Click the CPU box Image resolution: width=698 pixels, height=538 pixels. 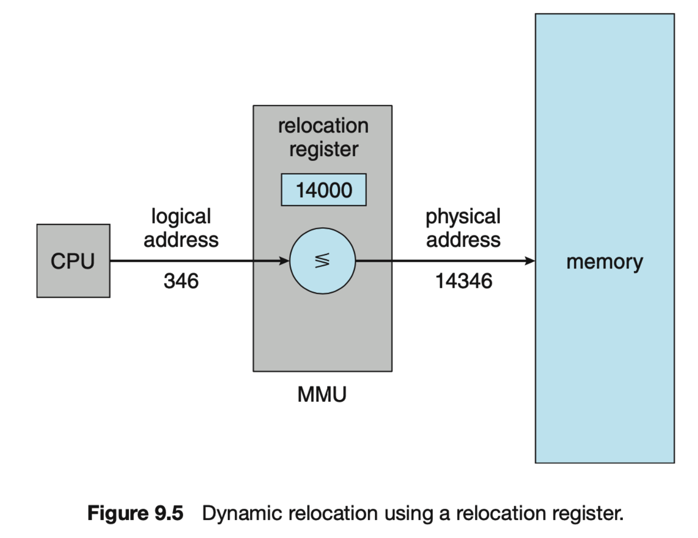tap(73, 261)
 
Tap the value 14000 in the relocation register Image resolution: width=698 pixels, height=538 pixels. tap(324, 190)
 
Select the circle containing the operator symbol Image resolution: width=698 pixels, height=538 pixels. tap(322, 261)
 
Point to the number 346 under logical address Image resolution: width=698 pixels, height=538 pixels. tap(181, 281)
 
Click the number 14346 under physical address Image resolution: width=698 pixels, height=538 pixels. tap(463, 281)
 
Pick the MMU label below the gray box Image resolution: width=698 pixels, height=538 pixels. tap(322, 394)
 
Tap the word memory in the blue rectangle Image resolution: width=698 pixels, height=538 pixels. tap(604, 262)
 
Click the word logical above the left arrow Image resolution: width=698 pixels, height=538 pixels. tap(181, 217)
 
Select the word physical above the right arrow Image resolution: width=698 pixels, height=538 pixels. tap(463, 217)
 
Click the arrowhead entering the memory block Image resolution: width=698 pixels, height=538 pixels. tap(530, 261)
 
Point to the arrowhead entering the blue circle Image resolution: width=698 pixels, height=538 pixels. tap(284, 261)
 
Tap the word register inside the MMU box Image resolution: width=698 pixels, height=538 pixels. tap(324, 150)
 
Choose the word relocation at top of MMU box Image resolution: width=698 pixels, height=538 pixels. tap(323, 126)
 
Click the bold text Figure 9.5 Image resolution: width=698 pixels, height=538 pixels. tap(135, 513)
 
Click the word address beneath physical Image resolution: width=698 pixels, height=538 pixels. tap(463, 240)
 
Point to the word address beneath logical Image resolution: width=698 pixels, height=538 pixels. tap(181, 240)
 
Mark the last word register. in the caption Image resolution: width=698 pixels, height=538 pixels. tap(587, 514)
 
